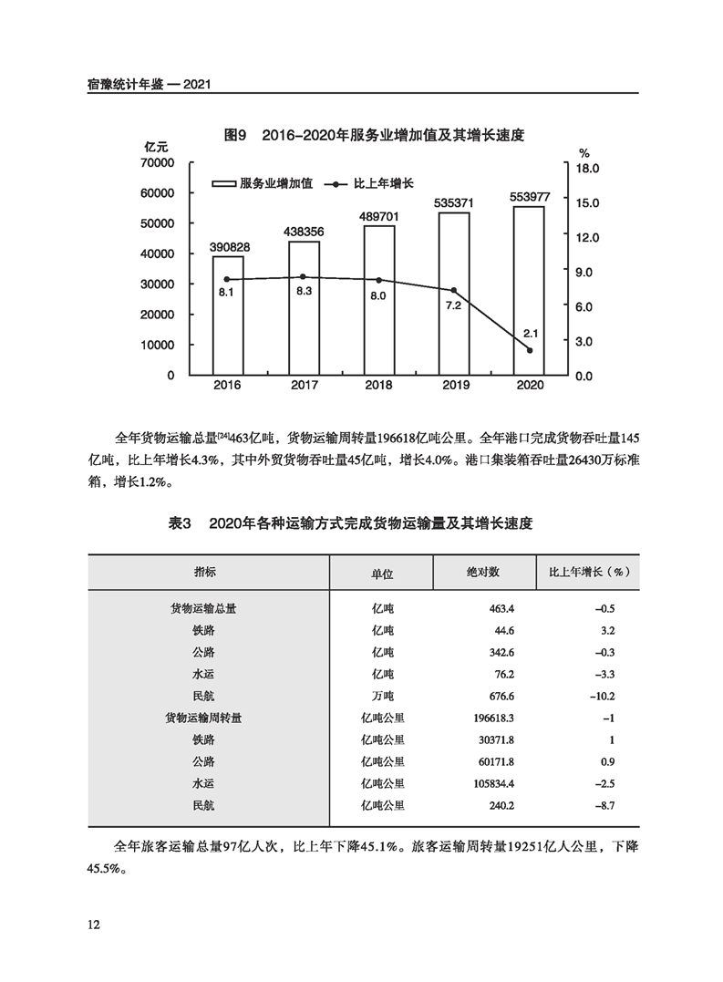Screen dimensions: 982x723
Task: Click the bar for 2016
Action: pos(227,315)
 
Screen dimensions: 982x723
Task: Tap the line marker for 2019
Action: pos(453,290)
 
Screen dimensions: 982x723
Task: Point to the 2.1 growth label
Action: pos(530,333)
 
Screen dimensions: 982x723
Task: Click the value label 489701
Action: pos(378,216)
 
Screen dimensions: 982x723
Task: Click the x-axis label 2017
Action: pos(303,386)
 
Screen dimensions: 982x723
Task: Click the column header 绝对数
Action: pos(483,572)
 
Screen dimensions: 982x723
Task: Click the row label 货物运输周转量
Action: pos(203,718)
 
